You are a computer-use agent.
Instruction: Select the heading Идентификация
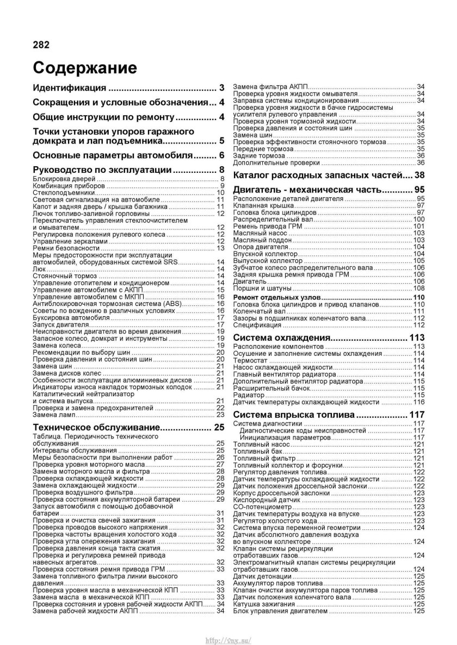(x=70, y=88)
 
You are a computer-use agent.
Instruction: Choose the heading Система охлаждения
(x=280, y=338)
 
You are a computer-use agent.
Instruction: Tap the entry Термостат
(x=250, y=360)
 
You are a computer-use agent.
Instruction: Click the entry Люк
(x=39, y=268)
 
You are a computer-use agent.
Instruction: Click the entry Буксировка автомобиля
(x=68, y=317)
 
